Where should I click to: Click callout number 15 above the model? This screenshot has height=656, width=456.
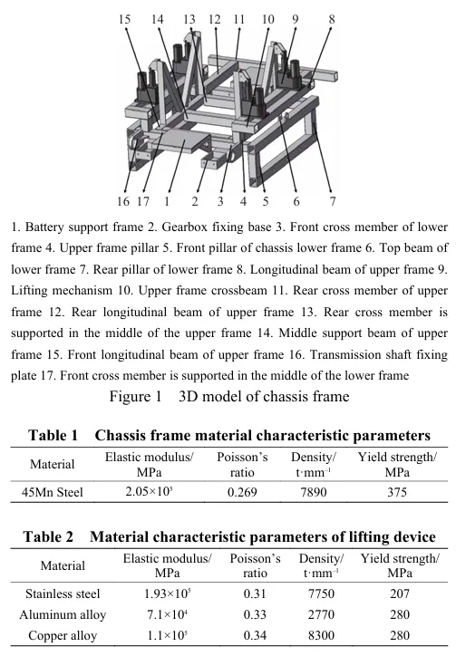pos(124,19)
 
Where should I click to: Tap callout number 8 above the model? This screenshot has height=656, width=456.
pos(332,19)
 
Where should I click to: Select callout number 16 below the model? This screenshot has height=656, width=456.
pos(123,202)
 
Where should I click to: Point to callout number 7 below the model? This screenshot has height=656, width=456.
pos(332,202)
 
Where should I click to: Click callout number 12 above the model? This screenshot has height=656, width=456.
pos(214,19)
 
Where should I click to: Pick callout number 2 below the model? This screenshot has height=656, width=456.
pos(195,202)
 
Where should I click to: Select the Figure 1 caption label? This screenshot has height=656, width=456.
pos(135,396)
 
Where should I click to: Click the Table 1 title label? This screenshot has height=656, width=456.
pos(53,436)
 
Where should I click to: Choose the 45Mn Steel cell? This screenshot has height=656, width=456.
pos(53,492)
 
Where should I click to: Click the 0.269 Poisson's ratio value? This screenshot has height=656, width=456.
pos(242,492)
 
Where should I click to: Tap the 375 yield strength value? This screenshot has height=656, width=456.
pos(397,492)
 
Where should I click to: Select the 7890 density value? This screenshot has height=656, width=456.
pos(313,492)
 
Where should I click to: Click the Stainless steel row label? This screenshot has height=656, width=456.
pos(63,593)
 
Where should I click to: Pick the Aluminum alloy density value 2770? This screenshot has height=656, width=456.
pos(321,614)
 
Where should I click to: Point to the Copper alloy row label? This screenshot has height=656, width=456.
pos(63,636)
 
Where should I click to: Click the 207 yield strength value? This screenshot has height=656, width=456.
pos(400,593)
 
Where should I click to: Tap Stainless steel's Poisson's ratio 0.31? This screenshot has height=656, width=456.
pos(255,593)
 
